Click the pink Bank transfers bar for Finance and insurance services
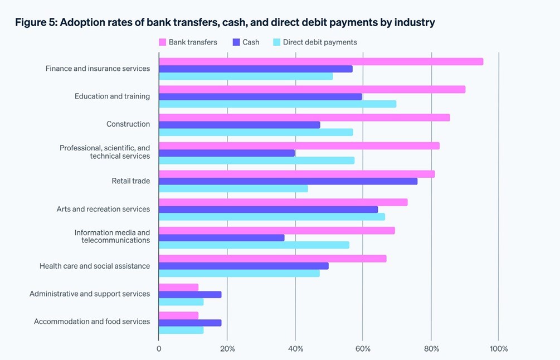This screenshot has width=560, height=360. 320,61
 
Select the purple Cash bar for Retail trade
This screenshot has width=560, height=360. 288,181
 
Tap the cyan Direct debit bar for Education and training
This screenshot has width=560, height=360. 277,104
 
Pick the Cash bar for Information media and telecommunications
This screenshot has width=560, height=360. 221,237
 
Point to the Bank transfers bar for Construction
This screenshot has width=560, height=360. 304,118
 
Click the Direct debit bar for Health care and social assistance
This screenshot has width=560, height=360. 239,273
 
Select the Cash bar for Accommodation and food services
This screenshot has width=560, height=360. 190,323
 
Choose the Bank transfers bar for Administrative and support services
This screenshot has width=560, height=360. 178,287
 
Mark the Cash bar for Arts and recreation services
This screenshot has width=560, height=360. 268,210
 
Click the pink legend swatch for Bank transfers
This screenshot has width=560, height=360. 163,42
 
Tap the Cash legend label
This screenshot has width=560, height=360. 251,42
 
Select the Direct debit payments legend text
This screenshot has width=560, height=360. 320,42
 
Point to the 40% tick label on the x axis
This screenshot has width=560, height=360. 295,349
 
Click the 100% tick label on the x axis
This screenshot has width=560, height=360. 499,349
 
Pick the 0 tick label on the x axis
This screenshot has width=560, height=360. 159,349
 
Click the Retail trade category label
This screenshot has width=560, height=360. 131,181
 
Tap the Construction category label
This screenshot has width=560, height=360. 128,124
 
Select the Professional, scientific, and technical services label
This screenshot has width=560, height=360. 105,152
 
